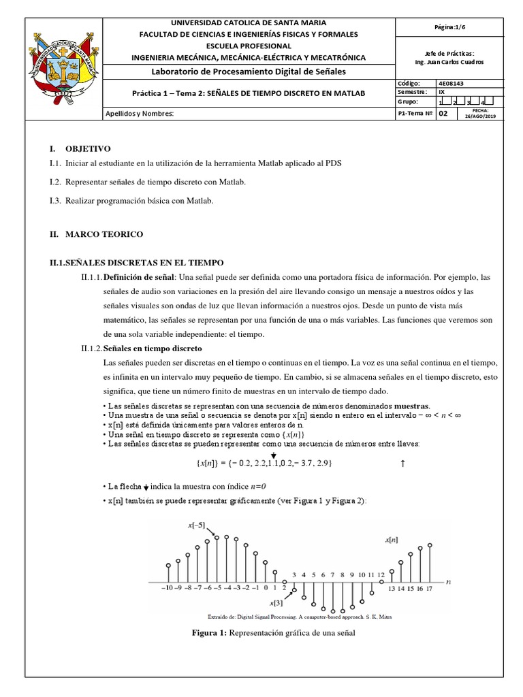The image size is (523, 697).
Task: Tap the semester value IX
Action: coord(442,92)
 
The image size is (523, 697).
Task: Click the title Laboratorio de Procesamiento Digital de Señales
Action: coord(248,71)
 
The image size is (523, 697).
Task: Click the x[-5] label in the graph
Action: coord(198,526)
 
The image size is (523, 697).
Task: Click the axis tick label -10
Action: coord(166,587)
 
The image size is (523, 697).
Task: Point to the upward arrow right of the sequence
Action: coord(403,464)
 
